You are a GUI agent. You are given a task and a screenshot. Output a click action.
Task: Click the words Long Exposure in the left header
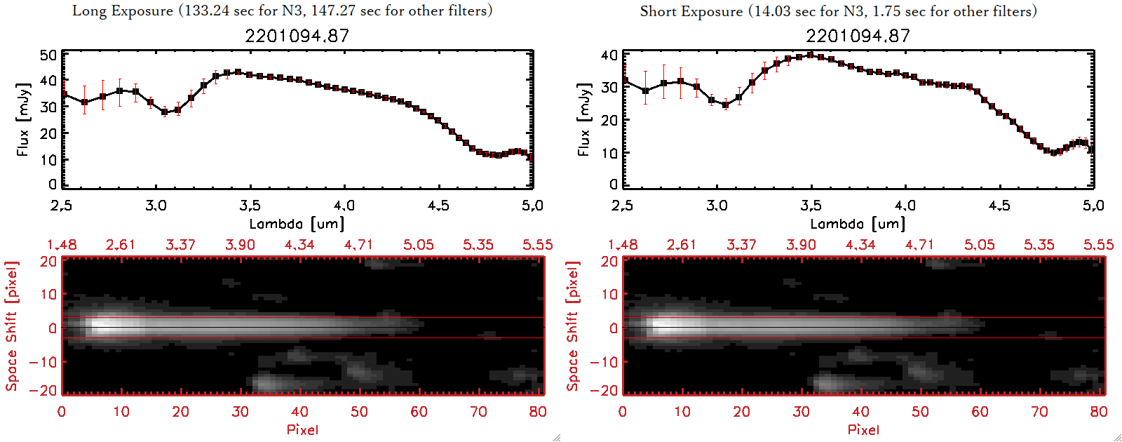(123, 11)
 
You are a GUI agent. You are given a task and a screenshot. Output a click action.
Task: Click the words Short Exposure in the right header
(691, 11)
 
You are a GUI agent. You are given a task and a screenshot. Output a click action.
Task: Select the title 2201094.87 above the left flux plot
(297, 36)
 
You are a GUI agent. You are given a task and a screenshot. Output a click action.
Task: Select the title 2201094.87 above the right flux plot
(858, 36)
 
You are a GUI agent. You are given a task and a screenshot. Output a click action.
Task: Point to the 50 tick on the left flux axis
(48, 55)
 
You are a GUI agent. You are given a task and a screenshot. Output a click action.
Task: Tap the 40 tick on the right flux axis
(609, 55)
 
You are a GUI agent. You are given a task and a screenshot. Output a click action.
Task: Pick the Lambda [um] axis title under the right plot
(858, 224)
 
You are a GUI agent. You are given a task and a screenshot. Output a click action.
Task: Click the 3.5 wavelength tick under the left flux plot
(250, 206)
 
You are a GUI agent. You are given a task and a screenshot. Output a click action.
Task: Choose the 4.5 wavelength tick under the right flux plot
(999, 206)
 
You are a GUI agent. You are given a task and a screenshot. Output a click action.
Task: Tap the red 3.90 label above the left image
(240, 245)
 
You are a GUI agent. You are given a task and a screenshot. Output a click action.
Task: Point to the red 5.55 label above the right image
(1098, 245)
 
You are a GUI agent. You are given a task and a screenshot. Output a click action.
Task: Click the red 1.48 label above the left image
(62, 245)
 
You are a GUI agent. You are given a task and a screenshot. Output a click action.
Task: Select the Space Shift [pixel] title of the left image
(11, 326)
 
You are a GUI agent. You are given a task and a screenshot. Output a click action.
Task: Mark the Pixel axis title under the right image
(863, 429)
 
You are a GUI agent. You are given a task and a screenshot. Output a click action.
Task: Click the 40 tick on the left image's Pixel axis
(299, 412)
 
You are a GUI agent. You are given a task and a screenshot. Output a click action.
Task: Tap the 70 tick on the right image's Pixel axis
(1039, 412)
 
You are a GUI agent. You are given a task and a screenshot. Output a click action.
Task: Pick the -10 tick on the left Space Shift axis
(43, 361)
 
